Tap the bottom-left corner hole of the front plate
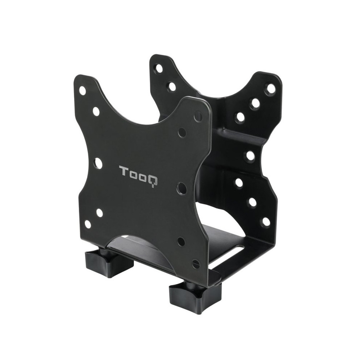(87, 224)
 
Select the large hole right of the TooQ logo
(182, 188)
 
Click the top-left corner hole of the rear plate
(159, 67)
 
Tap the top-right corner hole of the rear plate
(270, 89)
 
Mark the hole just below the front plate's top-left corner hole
(96, 111)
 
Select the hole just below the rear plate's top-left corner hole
(172, 86)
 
